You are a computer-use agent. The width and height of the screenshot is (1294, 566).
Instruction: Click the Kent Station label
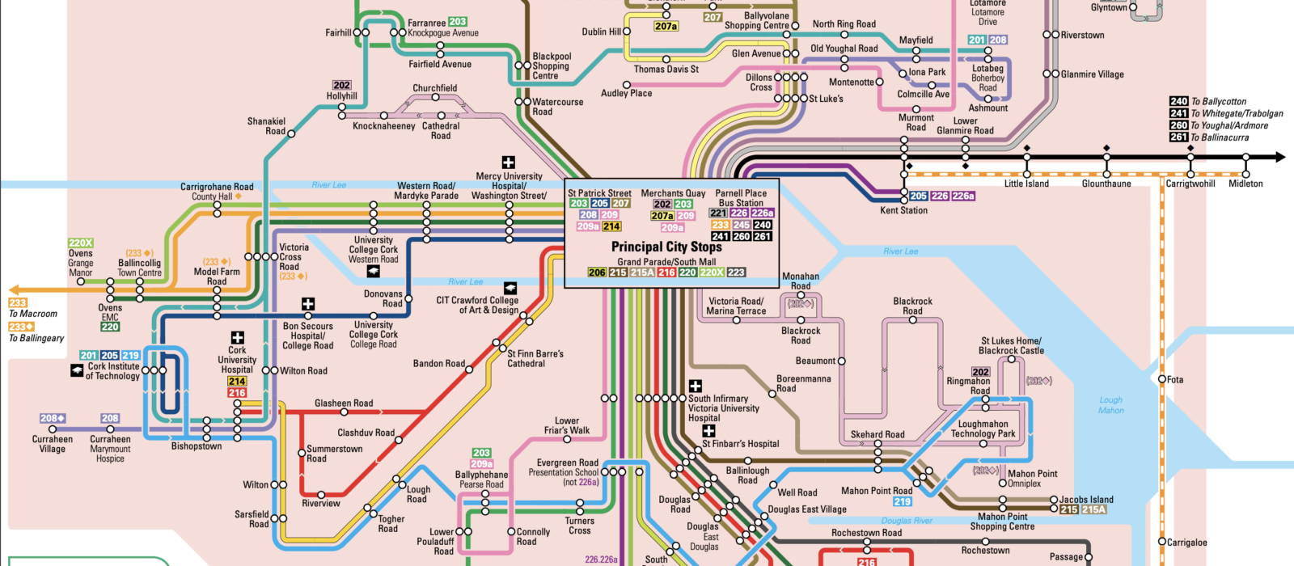tap(903, 210)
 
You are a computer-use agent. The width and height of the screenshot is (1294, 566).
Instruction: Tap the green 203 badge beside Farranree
tap(458, 22)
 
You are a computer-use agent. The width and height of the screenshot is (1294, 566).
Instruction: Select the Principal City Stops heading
tap(666, 247)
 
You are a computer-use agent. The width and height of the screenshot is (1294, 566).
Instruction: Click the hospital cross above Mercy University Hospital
tap(508, 163)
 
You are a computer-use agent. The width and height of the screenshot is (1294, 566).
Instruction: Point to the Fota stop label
tap(1175, 379)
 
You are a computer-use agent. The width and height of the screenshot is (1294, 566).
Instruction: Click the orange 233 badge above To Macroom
tap(18, 302)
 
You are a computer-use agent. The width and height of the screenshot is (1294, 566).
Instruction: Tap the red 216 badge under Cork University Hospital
tap(237, 393)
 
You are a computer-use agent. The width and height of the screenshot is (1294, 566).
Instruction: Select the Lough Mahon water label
tap(1110, 405)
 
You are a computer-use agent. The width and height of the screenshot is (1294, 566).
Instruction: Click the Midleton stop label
tap(1245, 184)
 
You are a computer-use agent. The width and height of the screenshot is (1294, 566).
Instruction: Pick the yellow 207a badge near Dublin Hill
tap(666, 27)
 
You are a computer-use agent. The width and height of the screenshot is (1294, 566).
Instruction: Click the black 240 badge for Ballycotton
tap(1178, 101)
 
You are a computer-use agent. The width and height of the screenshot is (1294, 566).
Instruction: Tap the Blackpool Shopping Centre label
tap(551, 66)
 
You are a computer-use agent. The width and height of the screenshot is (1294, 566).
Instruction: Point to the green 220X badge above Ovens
tap(81, 243)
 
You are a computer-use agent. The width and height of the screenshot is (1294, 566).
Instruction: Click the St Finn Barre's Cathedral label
tap(535, 358)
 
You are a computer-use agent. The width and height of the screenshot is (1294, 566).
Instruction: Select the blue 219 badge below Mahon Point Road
tap(903, 501)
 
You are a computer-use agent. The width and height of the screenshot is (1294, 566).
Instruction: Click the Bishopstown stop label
tap(197, 446)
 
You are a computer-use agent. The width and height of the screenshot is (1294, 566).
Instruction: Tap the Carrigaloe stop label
tap(1187, 543)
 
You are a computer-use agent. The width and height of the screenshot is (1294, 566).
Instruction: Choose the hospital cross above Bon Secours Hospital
tap(307, 305)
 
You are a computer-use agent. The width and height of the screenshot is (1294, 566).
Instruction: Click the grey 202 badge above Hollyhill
tap(341, 85)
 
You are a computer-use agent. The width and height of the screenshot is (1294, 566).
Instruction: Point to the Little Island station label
tap(1026, 184)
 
